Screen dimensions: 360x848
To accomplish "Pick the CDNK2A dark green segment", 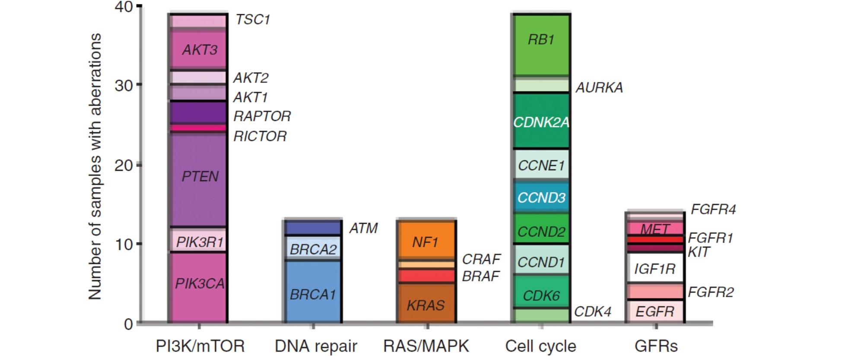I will (541, 122).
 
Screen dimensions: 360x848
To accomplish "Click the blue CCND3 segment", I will (541, 198).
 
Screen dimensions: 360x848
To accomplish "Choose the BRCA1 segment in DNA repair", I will (313, 294).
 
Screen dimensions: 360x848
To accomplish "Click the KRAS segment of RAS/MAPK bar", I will (426, 305).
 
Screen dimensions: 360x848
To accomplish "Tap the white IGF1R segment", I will (654, 269).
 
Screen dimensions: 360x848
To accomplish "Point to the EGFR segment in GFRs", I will (654, 311).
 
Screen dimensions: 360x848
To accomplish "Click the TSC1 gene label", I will (253, 20).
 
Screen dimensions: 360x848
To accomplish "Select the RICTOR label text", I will (260, 137).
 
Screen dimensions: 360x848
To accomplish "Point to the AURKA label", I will (599, 88).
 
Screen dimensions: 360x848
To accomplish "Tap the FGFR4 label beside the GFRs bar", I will (713, 210).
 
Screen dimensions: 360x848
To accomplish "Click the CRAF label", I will (481, 259).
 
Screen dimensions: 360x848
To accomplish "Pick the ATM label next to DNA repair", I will (363, 228).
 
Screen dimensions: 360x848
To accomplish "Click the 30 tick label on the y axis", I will (124, 86).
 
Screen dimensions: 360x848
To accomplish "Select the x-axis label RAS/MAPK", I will (426, 346).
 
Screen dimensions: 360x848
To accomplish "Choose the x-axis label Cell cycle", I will (541, 346).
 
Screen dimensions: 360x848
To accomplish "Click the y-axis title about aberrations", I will (95, 166).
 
